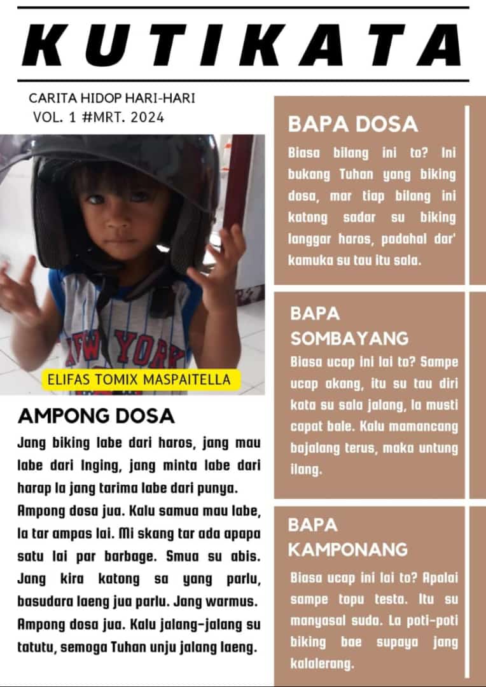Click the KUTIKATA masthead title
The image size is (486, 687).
(242, 46)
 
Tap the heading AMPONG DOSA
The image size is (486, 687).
(96, 416)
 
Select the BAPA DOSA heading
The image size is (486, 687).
(353, 124)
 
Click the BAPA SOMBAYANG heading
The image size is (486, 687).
(349, 325)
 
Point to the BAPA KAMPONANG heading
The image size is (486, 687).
(347, 537)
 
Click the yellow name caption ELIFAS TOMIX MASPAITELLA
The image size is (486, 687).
(141, 380)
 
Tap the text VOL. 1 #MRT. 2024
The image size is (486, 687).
(99, 117)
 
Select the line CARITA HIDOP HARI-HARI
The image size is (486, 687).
(112, 99)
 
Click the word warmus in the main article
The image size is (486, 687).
(236, 600)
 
